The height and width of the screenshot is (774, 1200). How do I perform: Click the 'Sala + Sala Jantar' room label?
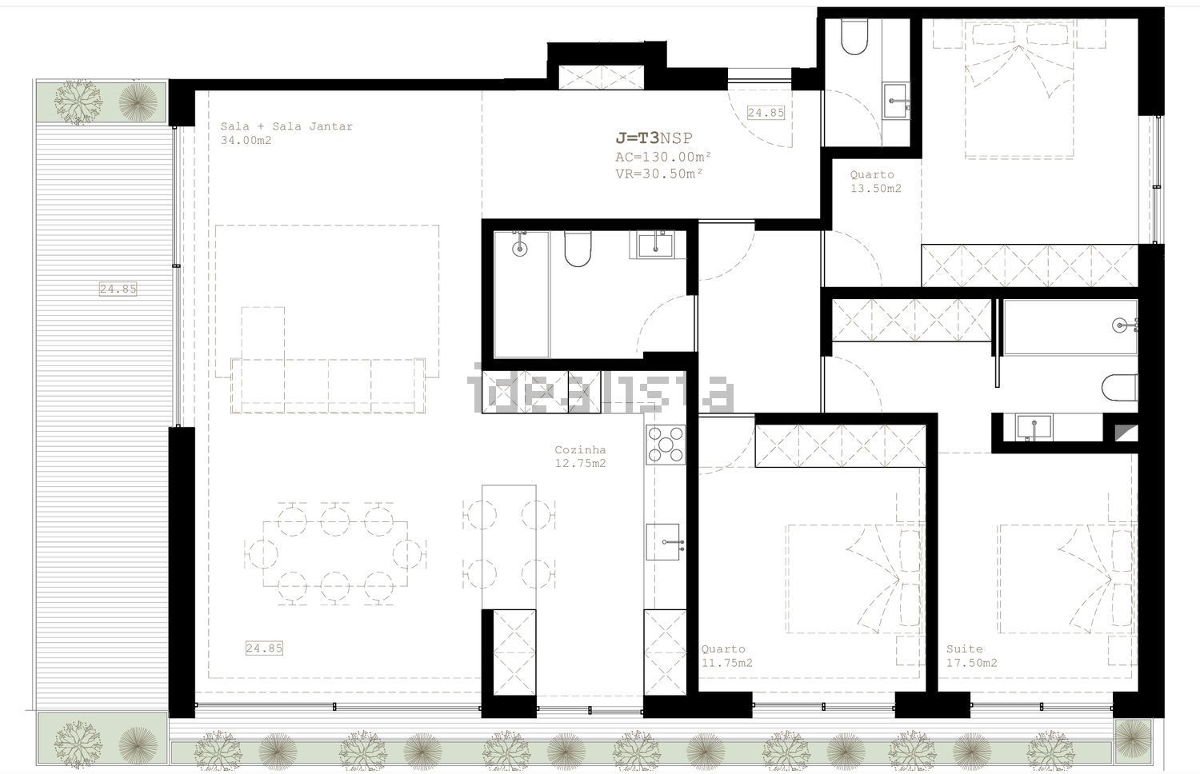click(x=286, y=127)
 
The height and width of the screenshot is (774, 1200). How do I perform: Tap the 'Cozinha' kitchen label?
click(x=580, y=450)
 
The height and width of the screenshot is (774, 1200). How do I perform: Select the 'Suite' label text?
click(x=964, y=649)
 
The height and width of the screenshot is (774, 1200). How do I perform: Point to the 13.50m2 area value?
click(x=876, y=189)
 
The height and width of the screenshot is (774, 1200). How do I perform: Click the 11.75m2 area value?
click(x=727, y=663)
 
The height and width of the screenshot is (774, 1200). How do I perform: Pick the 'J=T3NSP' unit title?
click(x=654, y=138)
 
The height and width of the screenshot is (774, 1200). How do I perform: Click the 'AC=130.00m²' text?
click(x=663, y=158)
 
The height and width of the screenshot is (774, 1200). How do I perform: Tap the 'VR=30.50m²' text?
click(x=659, y=174)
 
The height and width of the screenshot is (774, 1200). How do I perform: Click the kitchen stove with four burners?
click(x=666, y=445)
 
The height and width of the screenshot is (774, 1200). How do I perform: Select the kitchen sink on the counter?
click(x=662, y=542)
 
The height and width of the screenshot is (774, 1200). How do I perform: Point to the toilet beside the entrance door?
click(x=854, y=37)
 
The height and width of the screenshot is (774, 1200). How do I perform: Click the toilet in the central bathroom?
click(x=578, y=249)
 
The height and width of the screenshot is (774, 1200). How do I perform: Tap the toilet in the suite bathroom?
click(x=1120, y=387)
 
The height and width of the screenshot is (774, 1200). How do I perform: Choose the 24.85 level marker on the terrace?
click(x=118, y=289)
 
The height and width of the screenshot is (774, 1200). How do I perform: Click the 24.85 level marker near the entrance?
click(x=766, y=113)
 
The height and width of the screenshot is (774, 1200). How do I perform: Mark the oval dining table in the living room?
click(x=335, y=554)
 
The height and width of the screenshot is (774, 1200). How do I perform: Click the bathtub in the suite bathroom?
click(x=1070, y=327)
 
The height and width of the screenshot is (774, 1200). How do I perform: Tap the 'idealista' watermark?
click(x=600, y=388)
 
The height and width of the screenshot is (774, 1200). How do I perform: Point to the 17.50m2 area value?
click(x=972, y=663)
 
